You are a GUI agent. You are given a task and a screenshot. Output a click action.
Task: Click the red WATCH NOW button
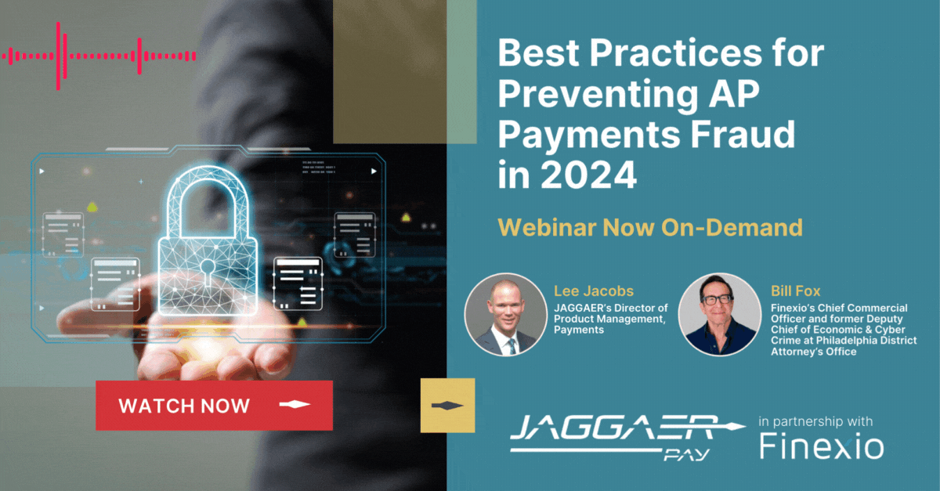point(214,406)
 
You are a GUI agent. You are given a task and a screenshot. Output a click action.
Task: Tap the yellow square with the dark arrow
point(448,406)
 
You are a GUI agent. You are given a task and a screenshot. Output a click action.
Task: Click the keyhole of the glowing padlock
point(207,271)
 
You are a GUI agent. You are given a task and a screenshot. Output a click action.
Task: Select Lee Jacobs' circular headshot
point(506,315)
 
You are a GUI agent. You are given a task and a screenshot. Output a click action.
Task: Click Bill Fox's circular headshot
point(720,315)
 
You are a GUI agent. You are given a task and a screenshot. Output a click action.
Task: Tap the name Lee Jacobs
point(594,291)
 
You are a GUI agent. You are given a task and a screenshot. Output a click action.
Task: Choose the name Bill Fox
point(795,291)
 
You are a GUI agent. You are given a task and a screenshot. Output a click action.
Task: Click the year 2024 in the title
point(589,174)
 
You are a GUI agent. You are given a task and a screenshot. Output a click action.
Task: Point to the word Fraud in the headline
point(743,134)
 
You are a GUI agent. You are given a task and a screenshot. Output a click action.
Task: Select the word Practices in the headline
point(675,53)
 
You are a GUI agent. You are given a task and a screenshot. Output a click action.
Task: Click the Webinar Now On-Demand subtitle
point(650,227)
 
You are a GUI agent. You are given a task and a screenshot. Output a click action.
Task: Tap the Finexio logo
point(822,446)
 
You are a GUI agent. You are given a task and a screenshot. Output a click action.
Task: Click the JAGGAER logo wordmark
point(627,428)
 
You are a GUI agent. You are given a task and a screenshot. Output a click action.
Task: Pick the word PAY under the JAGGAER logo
point(686,454)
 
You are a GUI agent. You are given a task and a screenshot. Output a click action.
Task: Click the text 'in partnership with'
point(815,421)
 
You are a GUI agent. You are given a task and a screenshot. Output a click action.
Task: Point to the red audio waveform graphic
point(99,56)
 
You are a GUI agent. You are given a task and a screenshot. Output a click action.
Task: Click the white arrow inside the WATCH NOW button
point(295,405)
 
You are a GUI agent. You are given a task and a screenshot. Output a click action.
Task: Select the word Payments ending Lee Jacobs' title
point(579,330)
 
